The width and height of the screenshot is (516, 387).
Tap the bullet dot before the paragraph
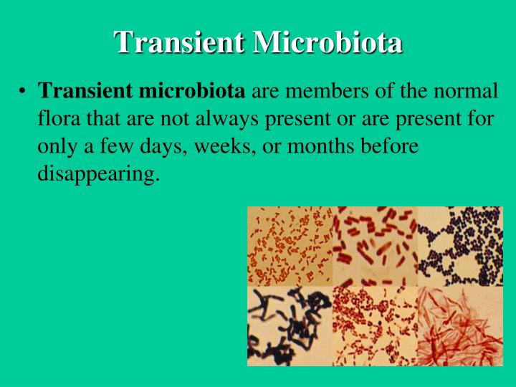(x=23, y=92)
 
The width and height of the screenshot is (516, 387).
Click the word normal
(x=464, y=92)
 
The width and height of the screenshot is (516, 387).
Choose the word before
(x=391, y=146)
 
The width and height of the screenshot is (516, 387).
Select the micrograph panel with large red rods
(x=376, y=247)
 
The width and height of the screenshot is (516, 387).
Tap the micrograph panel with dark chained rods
(x=290, y=326)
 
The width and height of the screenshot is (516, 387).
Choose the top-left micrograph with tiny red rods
(x=290, y=247)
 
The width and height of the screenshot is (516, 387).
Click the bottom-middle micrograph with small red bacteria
(x=376, y=326)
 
